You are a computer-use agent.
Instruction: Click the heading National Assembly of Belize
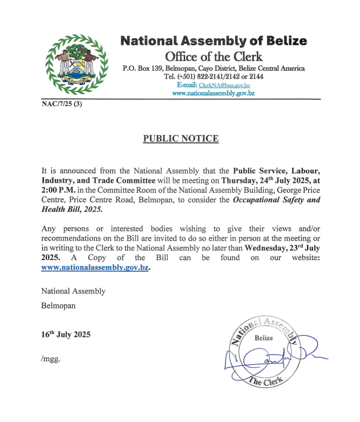pyautogui.click(x=214, y=41)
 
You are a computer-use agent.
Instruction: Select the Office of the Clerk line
pyautogui.click(x=214, y=57)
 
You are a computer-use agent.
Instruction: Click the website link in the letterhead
pyautogui.click(x=214, y=93)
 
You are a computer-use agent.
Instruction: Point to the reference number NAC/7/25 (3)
pyautogui.click(x=61, y=104)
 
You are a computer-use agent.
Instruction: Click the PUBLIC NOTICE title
pyautogui.click(x=181, y=139)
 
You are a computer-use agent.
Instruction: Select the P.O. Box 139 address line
pyautogui.click(x=214, y=68)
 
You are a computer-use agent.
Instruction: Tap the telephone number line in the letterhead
pyautogui.click(x=214, y=77)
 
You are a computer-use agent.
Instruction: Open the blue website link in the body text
pyautogui.click(x=95, y=268)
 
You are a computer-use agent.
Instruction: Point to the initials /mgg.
pyautogui.click(x=51, y=359)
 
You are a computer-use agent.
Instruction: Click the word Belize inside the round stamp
pyautogui.click(x=264, y=338)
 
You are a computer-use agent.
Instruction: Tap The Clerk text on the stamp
pyautogui.click(x=266, y=382)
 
